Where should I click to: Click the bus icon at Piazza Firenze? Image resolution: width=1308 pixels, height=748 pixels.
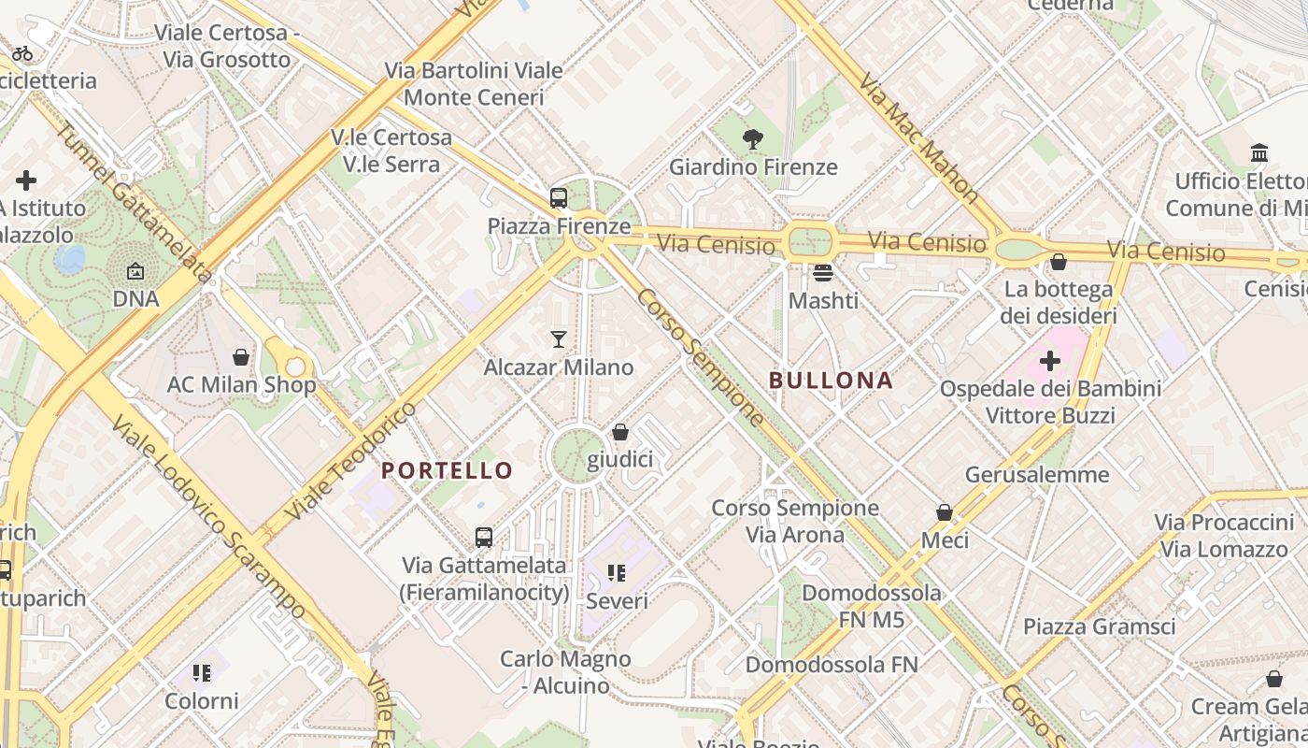(x=559, y=197)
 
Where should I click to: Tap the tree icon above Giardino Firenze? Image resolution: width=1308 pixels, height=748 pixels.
(x=752, y=140)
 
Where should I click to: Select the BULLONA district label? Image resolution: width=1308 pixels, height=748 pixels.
(x=831, y=381)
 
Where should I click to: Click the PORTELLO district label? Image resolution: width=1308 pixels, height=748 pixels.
(x=448, y=470)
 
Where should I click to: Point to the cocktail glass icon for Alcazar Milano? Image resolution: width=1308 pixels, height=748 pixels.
(x=559, y=338)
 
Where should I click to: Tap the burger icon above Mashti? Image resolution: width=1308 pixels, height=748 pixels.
(x=823, y=272)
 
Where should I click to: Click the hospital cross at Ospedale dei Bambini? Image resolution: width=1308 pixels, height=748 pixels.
(x=1050, y=360)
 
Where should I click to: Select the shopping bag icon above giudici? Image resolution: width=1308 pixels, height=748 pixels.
(x=619, y=432)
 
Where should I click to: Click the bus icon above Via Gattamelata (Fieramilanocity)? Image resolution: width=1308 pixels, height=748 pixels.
(x=484, y=538)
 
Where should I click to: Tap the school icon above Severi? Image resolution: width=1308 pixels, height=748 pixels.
(x=616, y=572)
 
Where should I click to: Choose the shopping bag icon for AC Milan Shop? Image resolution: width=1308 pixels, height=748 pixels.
(x=241, y=356)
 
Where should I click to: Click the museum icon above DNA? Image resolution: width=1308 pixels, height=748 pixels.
(x=135, y=272)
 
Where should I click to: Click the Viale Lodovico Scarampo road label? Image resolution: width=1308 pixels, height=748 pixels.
(x=207, y=518)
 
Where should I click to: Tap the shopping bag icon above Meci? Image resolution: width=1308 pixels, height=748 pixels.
(x=945, y=512)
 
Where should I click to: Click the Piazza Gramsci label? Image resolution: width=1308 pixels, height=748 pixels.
(x=1099, y=626)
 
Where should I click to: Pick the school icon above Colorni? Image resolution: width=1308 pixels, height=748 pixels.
(x=202, y=673)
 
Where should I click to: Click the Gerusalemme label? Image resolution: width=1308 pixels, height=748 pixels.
(x=1037, y=475)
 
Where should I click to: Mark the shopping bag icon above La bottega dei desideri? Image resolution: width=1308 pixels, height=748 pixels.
(x=1059, y=262)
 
